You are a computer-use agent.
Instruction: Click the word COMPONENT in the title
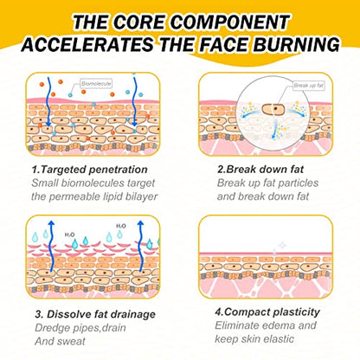[x=229, y=22]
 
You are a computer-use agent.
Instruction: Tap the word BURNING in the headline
[x=297, y=45]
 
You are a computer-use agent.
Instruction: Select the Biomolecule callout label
[x=96, y=84]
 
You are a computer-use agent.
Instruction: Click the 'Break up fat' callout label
[x=309, y=86]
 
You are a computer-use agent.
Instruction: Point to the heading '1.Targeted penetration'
[x=89, y=170]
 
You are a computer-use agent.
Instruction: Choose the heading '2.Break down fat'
[x=260, y=169]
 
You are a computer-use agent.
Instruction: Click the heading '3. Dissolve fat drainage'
[x=95, y=314]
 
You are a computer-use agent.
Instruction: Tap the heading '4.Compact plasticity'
[x=267, y=312]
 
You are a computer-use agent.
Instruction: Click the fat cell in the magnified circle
[x=273, y=109]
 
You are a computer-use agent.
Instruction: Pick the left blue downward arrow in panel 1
[x=48, y=102]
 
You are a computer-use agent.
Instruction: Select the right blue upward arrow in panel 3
[x=141, y=246]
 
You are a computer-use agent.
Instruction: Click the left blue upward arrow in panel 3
[x=51, y=246]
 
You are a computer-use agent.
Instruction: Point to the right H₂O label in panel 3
[x=121, y=226]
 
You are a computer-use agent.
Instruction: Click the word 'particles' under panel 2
[x=299, y=183]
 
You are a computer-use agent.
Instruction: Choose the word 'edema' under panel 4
[x=278, y=325]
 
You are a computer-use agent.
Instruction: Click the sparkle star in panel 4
[x=282, y=246]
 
